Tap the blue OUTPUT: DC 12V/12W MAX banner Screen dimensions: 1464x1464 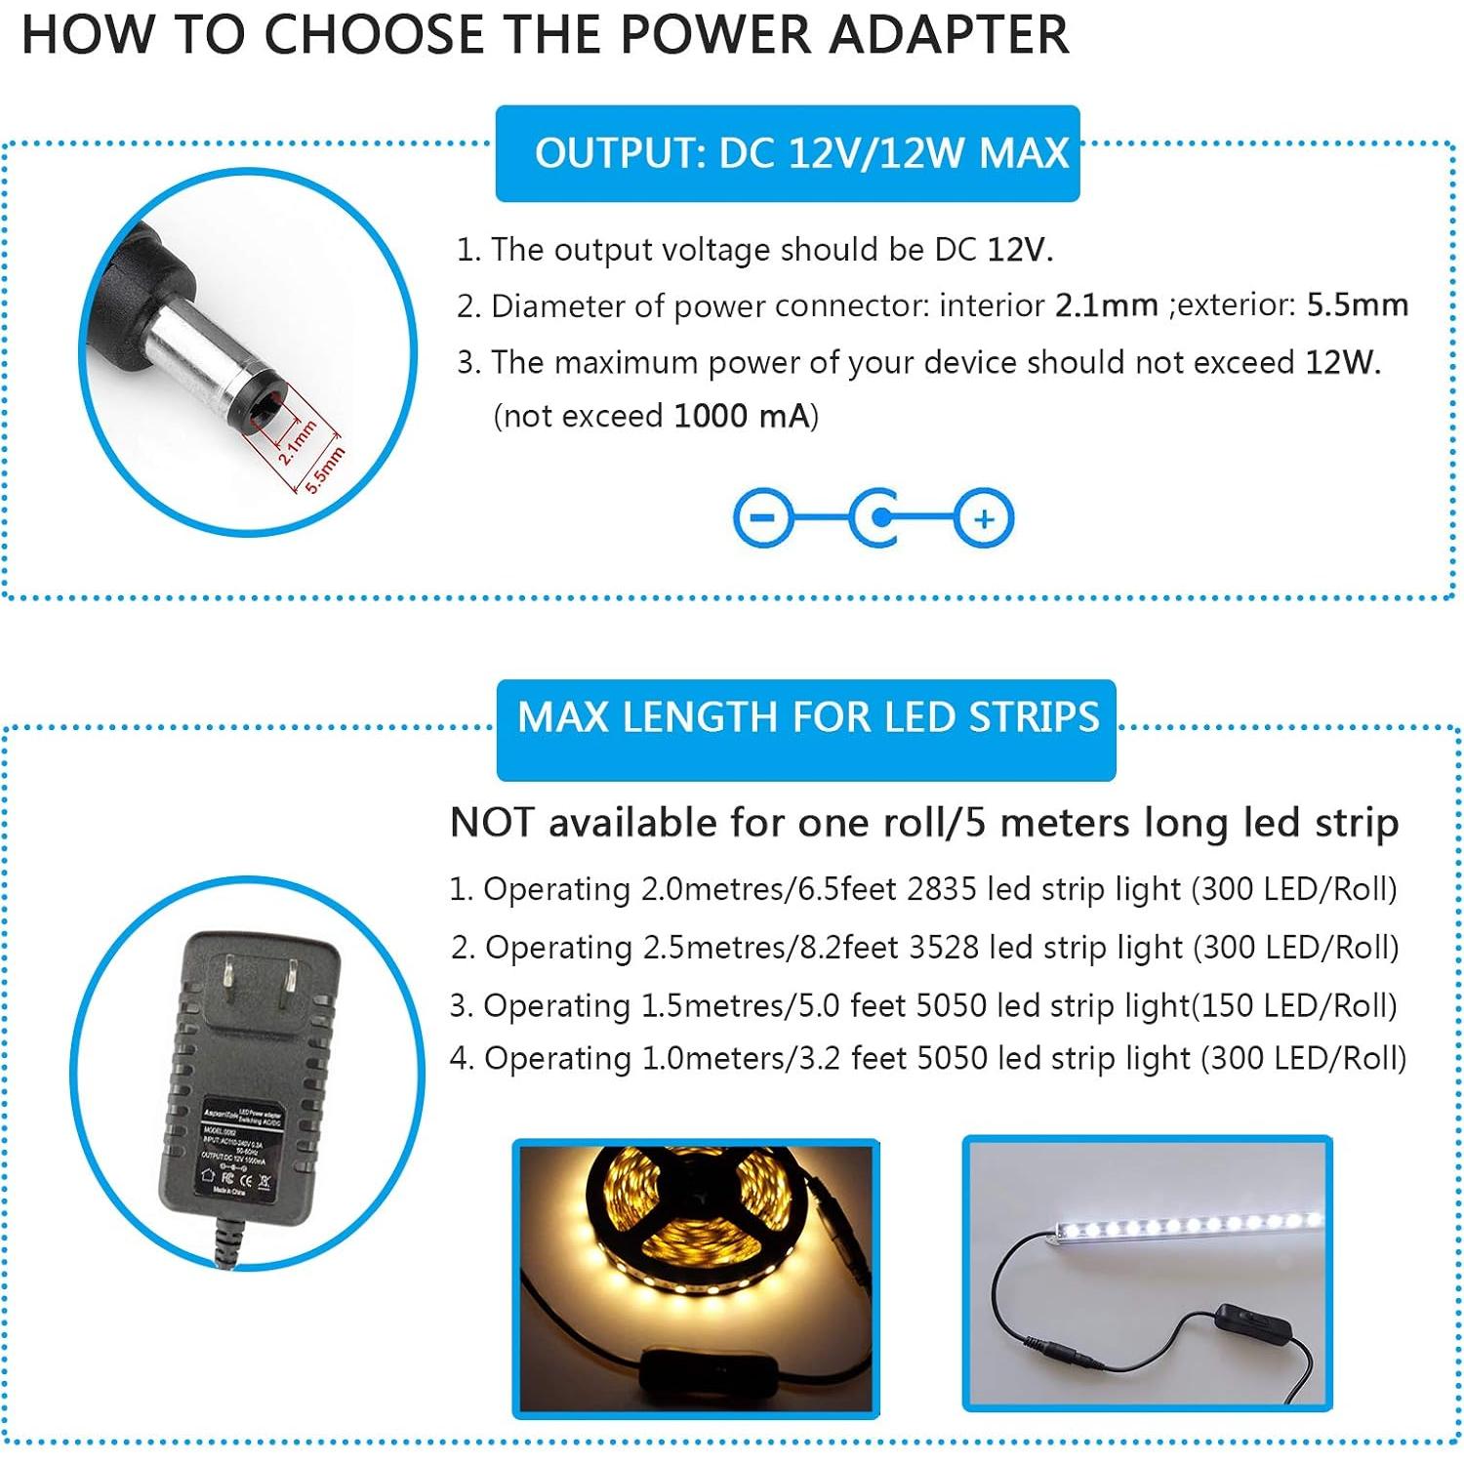pyautogui.click(x=788, y=154)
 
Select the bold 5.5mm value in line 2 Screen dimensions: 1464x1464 pyautogui.click(x=1357, y=305)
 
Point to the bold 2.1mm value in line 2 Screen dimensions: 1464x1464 pyautogui.click(x=1106, y=305)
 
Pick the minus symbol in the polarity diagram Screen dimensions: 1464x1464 pyautogui.click(x=762, y=517)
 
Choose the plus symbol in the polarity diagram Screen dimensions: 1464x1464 pyautogui.click(x=984, y=518)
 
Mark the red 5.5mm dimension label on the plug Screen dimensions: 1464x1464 pyautogui.click(x=326, y=469)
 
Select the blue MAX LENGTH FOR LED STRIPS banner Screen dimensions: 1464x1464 pyautogui.click(x=806, y=718)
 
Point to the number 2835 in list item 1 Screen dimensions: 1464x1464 pyautogui.click(x=941, y=889)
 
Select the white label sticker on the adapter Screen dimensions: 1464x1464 pyautogui.click(x=238, y=1152)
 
